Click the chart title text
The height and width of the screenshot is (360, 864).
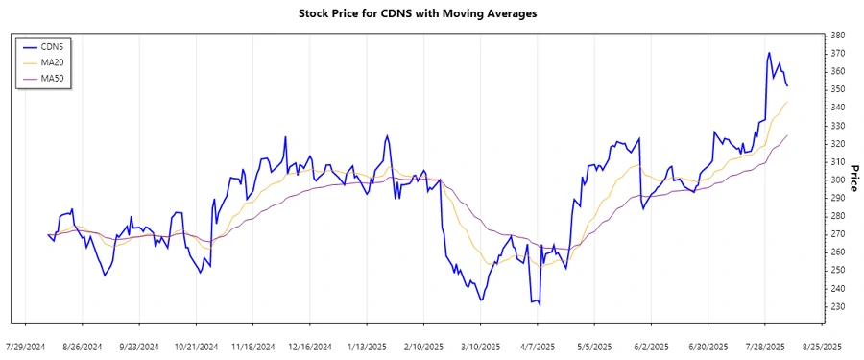tap(431, 13)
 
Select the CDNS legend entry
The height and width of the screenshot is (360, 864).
tap(52, 46)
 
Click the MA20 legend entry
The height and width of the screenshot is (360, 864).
tap(52, 62)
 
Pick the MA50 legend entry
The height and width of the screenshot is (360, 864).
tap(52, 78)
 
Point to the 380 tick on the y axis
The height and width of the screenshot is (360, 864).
tap(836, 36)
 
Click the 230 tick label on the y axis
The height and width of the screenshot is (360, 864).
tap(836, 306)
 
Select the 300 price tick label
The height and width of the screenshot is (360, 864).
tap(836, 180)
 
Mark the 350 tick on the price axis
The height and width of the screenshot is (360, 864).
tap(836, 89)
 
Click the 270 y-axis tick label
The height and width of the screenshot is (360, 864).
tap(836, 234)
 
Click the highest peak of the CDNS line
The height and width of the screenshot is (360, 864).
tap(769, 53)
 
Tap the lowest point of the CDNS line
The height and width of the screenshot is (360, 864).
tap(540, 305)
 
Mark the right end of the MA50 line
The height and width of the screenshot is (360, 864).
tap(787, 135)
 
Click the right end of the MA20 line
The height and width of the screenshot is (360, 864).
tap(787, 102)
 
